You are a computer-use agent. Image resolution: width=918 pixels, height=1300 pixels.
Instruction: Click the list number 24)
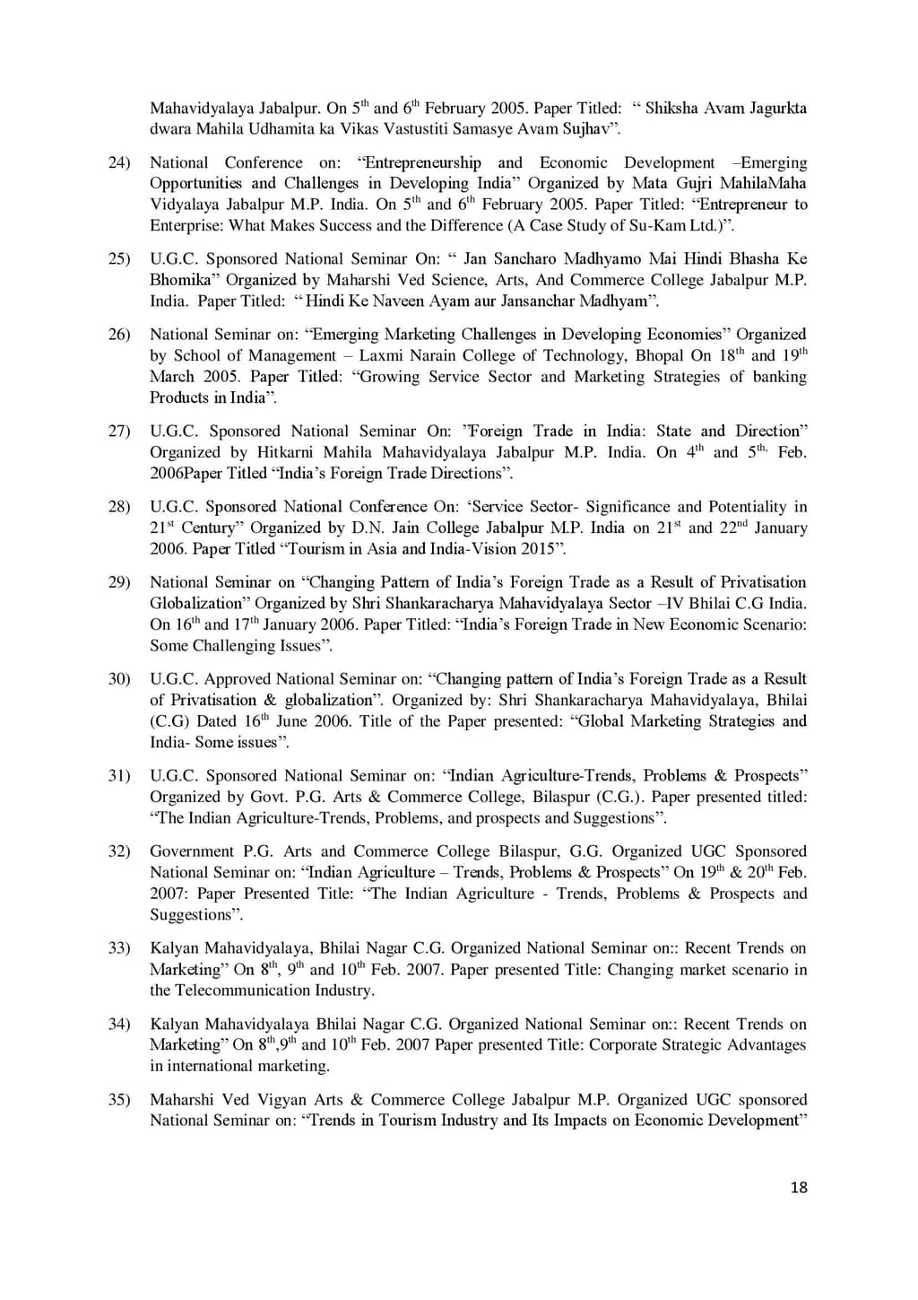coord(119,162)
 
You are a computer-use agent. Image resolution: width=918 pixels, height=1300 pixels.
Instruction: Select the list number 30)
coord(119,679)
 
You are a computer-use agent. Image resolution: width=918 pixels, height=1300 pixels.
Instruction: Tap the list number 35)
coord(119,1100)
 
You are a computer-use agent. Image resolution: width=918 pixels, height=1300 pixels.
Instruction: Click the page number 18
coord(799,1188)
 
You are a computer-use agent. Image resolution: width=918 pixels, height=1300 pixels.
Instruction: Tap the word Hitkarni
coord(286,452)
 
